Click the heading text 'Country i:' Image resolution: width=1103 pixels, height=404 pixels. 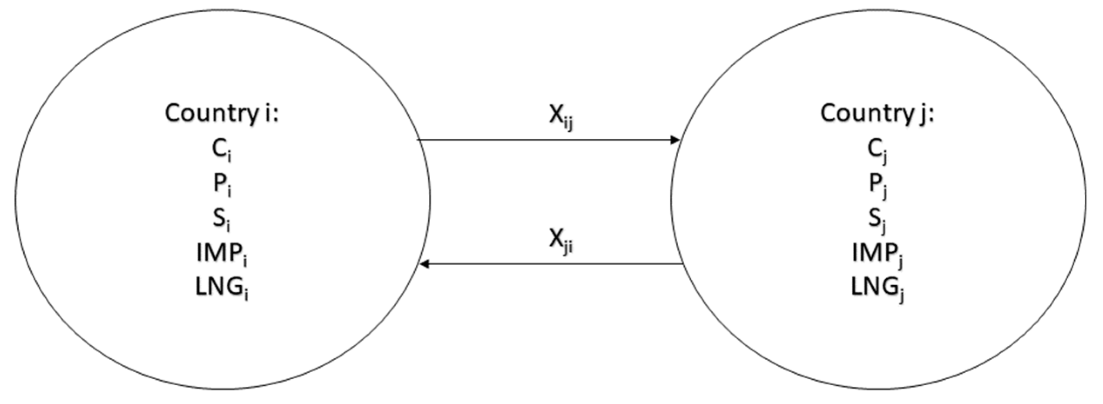(221, 113)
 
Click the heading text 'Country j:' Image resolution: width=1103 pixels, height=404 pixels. (877, 113)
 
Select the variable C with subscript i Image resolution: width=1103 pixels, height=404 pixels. (221, 149)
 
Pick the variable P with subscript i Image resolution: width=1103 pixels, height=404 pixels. (221, 184)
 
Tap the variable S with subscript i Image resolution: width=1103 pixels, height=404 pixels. (221, 219)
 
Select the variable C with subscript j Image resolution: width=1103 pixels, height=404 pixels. (877, 149)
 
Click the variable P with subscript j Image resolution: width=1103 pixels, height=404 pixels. (877, 184)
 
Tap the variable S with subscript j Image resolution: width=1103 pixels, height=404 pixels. (877, 219)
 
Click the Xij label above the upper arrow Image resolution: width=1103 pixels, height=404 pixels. (561, 117)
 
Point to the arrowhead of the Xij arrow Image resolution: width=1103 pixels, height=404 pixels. (674, 140)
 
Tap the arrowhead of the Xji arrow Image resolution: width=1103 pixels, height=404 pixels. (425, 264)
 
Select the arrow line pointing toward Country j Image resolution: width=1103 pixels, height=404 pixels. (544, 140)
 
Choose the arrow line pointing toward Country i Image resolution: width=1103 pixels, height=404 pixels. (553, 264)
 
